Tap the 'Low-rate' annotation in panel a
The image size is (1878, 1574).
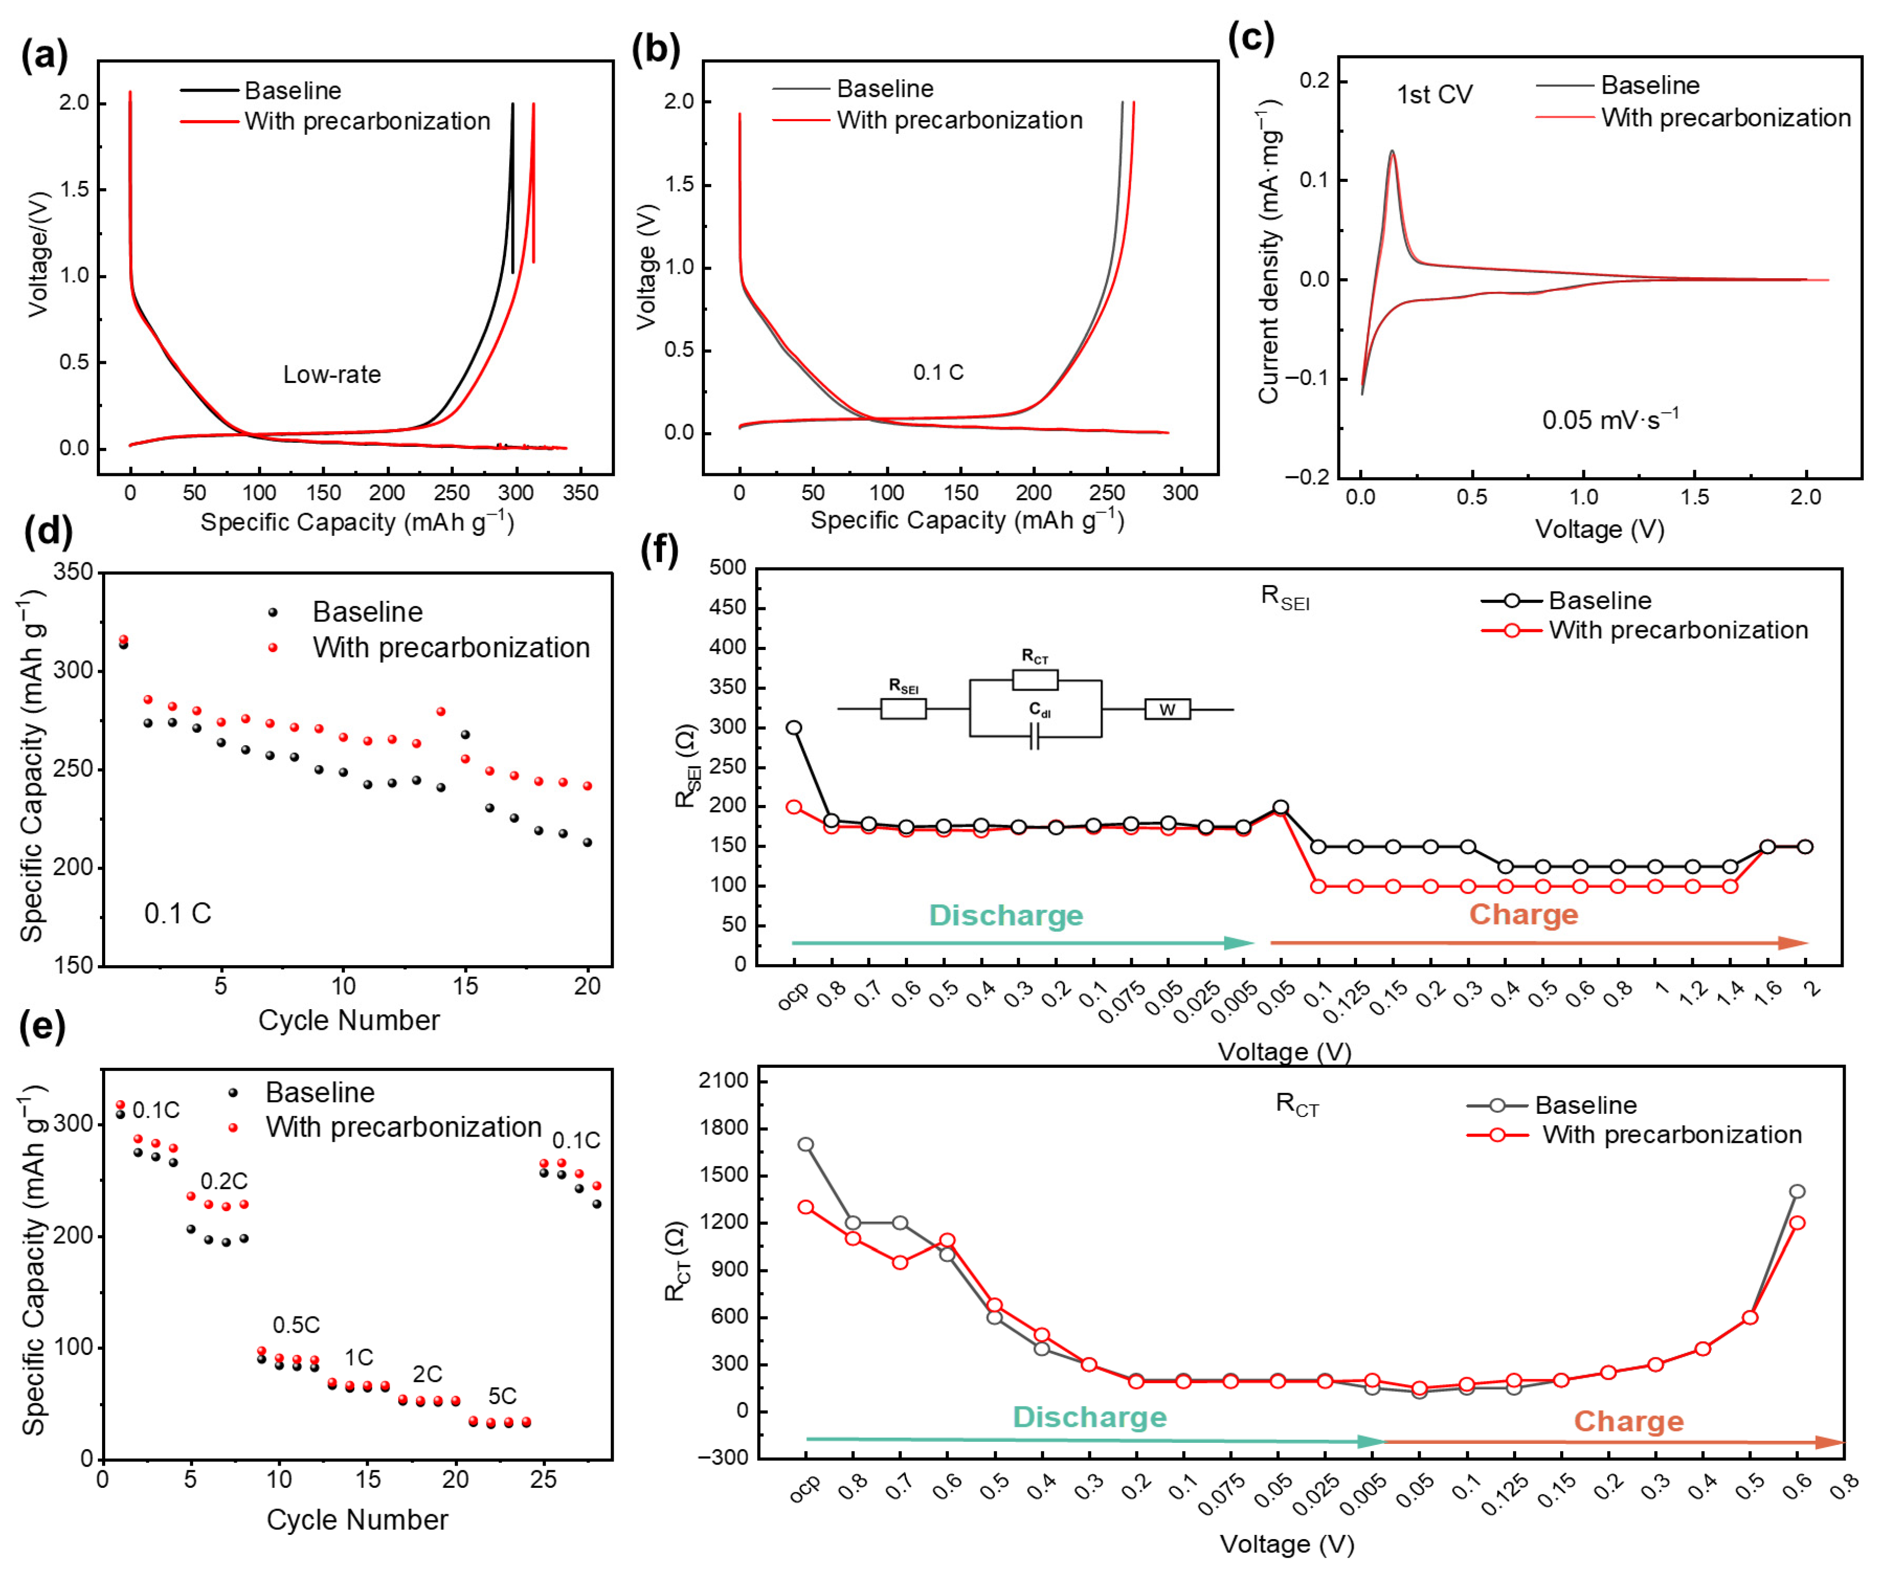(332, 374)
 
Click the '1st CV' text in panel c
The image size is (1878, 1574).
(1434, 95)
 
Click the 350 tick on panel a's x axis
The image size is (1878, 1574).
(580, 493)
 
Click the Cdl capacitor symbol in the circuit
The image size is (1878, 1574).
(1034, 737)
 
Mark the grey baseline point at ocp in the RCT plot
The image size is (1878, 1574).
(806, 1145)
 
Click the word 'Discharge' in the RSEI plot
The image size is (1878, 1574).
(1005, 916)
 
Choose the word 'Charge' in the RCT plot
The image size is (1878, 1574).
(1628, 1421)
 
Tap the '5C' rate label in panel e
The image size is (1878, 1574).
(502, 1396)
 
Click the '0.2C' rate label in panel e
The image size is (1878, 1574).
(224, 1182)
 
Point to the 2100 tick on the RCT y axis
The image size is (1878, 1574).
(722, 1081)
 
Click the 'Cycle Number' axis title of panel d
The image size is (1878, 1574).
(349, 1020)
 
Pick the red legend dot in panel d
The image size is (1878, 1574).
(273, 647)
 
